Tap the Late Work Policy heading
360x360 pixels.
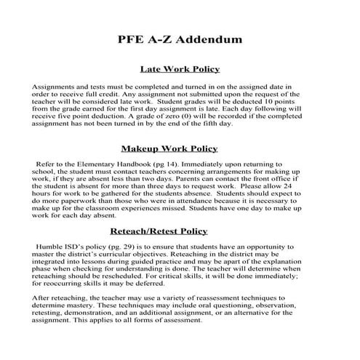180,68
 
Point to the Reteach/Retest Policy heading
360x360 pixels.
180,231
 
